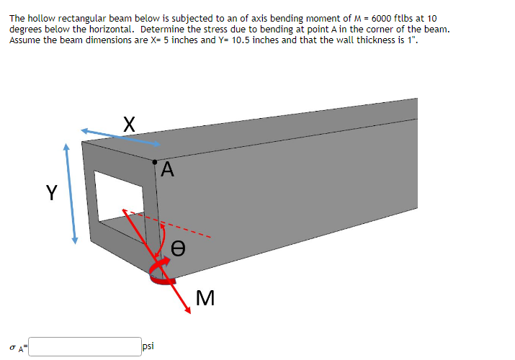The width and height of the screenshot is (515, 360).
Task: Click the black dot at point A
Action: [154, 162]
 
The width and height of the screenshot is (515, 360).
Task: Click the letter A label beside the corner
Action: [168, 170]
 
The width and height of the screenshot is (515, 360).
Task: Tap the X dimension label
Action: [127, 123]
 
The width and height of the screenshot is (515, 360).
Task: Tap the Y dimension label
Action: [51, 192]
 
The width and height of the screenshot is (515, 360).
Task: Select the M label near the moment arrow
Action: [205, 297]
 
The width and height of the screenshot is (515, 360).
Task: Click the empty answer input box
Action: [85, 347]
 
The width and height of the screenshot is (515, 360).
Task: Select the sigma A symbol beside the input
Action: [17, 348]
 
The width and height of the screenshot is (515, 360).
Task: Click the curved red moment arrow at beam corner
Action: [161, 274]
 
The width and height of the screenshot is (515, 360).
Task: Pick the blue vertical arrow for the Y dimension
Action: [70, 194]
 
